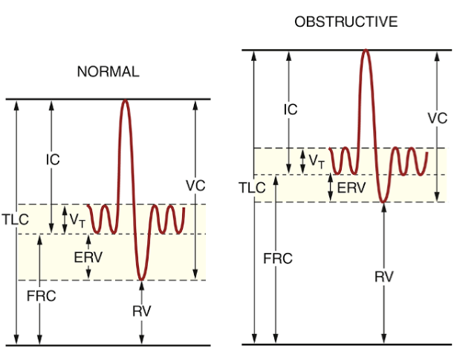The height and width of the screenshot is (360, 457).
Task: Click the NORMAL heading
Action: click(x=108, y=72)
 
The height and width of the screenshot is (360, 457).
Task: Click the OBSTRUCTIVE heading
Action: click(x=346, y=22)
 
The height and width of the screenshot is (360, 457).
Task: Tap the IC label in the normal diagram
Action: click(x=52, y=159)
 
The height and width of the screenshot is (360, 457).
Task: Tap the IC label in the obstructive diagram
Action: click(x=291, y=109)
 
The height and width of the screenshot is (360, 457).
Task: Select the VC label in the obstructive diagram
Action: click(x=438, y=118)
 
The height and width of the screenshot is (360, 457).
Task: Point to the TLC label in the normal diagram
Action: click(x=14, y=220)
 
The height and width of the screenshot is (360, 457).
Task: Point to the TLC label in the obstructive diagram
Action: click(x=252, y=187)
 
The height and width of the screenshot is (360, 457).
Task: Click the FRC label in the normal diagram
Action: click(x=41, y=295)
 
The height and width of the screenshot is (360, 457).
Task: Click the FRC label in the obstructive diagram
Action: click(x=278, y=258)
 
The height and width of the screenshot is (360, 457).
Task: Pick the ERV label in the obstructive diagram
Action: click(x=351, y=188)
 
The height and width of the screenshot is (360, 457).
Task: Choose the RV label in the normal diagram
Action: click(x=141, y=311)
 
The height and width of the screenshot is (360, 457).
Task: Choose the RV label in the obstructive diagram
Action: click(x=383, y=277)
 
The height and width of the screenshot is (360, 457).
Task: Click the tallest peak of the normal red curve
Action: click(x=126, y=101)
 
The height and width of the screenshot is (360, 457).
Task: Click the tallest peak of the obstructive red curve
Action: click(x=365, y=51)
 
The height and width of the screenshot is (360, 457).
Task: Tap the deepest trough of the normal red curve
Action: click(x=141, y=279)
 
